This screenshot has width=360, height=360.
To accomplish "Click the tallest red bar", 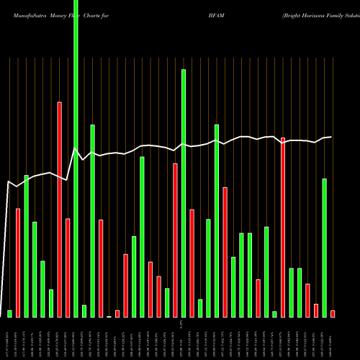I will (x=59, y=209).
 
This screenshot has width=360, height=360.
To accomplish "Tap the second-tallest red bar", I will (x=283, y=227).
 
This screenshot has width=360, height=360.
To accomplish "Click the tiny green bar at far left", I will (x=9, y=313).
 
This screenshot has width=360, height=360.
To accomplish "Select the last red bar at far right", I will (x=333, y=313).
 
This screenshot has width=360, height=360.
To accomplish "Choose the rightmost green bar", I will (x=325, y=248).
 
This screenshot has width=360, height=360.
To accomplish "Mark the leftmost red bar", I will (x=18, y=263).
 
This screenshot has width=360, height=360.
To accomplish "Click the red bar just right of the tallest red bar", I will (x=68, y=267).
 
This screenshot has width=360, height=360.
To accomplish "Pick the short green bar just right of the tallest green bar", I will (x=84, y=310).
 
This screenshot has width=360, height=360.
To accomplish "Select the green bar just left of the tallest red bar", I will (x=51, y=303).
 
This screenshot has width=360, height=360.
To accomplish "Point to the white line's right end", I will (x=331, y=137).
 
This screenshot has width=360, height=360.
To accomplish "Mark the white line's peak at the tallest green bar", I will (x=76, y=148).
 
